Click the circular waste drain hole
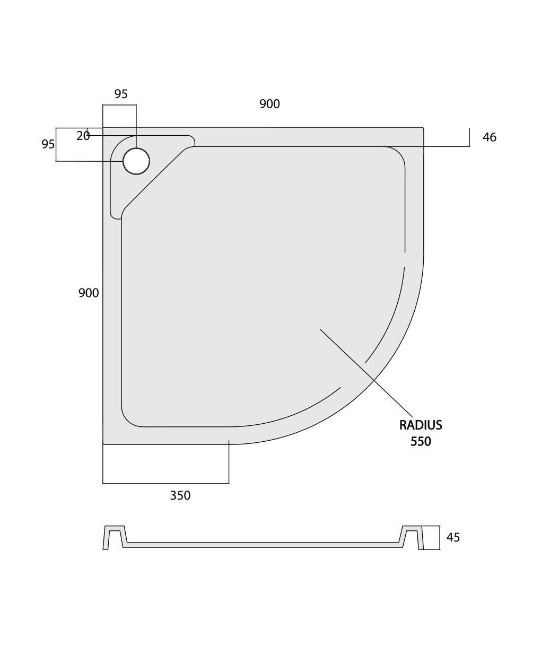coord(136,161)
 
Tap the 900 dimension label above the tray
coord(269,104)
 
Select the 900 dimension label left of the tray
coord(89,293)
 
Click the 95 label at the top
coord(121,94)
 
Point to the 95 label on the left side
coord(48,144)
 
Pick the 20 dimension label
coord(83,136)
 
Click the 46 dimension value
coord(490,137)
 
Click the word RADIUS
coord(421,425)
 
